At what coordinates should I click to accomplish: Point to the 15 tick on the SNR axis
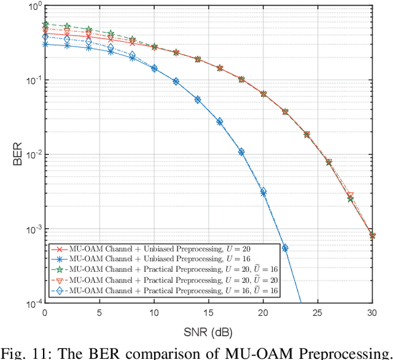(208, 313)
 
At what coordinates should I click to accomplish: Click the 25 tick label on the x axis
(317, 313)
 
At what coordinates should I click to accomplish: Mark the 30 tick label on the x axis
(372, 313)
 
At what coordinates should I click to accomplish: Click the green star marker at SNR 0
(45, 25)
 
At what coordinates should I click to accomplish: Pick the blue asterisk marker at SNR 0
(45, 44)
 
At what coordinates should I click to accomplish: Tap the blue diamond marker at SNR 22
(285, 248)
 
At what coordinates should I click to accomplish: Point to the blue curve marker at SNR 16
(219, 121)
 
